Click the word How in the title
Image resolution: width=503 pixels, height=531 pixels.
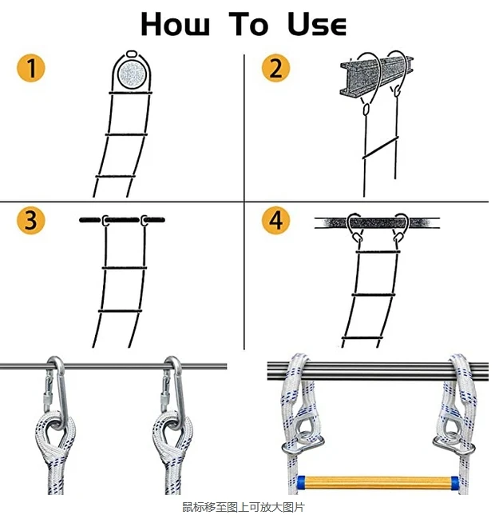point(175,24)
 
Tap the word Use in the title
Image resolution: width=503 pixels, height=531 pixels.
point(317,24)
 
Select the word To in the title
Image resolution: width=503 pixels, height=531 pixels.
point(248,24)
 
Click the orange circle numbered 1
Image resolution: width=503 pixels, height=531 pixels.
point(31,68)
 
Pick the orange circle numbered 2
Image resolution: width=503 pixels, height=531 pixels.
point(275,68)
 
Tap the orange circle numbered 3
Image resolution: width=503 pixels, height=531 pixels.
point(31,220)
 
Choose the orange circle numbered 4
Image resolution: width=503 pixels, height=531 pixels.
point(275,220)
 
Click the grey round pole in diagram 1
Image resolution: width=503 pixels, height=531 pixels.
point(132,74)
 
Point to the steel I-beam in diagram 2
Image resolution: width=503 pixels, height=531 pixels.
point(376,75)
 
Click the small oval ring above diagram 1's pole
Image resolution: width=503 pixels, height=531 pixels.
point(132,54)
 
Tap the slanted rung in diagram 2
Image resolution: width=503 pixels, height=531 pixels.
point(381,148)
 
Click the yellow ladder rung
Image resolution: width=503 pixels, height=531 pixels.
point(378,482)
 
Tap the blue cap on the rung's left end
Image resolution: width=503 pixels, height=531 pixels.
point(301,482)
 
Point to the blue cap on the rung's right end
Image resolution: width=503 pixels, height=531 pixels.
point(455,482)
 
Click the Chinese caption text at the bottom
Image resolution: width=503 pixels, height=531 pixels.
point(244,507)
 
